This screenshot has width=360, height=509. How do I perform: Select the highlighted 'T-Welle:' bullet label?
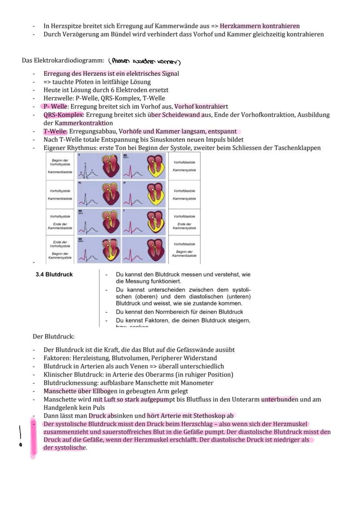(x=55, y=131)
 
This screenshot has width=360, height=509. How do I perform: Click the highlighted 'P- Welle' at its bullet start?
(x=55, y=106)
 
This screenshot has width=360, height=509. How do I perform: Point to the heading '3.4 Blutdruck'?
(x=54, y=275)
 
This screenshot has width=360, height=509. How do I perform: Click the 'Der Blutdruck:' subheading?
(x=53, y=337)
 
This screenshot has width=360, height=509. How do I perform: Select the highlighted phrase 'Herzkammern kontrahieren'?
(x=260, y=26)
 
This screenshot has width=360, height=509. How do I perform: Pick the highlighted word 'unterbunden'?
(x=279, y=399)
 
